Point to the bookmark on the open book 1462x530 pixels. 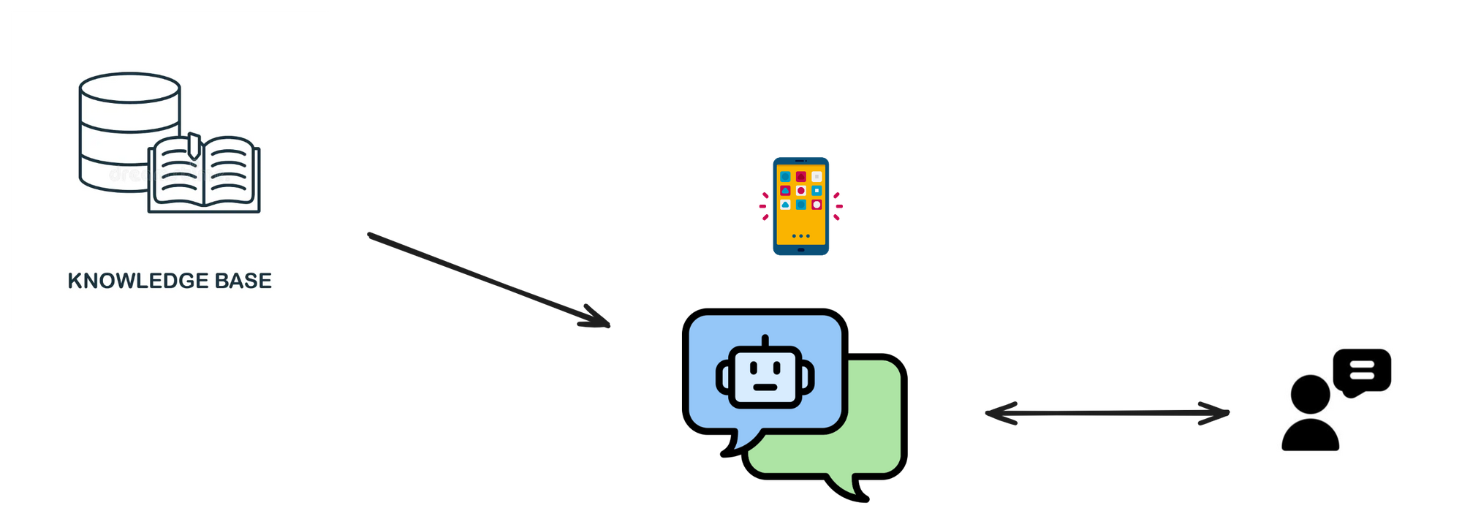point(194,144)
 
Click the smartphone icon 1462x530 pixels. point(800,206)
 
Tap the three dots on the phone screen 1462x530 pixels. point(800,236)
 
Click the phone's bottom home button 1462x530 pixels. point(800,250)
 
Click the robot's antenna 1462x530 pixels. point(765,342)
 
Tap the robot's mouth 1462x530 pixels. point(765,387)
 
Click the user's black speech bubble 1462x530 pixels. point(1361,371)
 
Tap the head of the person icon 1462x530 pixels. point(1310,395)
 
